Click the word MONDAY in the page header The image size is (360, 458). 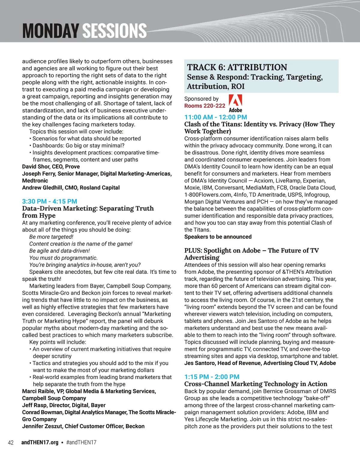50,31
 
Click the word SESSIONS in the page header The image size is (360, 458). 114,31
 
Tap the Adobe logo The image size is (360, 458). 235,103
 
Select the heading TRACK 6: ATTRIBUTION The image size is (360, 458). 237,67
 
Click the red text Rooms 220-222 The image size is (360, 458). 205,106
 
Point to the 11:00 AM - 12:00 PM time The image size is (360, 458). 216,117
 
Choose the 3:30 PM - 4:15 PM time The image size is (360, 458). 49,201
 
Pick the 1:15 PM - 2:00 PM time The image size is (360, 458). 212,377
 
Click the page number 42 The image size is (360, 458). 11,442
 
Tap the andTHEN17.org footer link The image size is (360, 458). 40,442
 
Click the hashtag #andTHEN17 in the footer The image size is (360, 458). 81,442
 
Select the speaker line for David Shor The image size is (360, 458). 51,166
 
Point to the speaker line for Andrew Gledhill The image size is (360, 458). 71,187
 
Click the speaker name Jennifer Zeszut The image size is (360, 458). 42,426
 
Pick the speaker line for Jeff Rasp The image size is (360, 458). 64,405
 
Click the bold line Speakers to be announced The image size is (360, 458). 218,237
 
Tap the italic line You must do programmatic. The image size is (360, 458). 63,258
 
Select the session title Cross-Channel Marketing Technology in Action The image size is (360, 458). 256,384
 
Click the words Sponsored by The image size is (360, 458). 201,99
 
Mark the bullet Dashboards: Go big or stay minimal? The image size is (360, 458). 78,145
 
